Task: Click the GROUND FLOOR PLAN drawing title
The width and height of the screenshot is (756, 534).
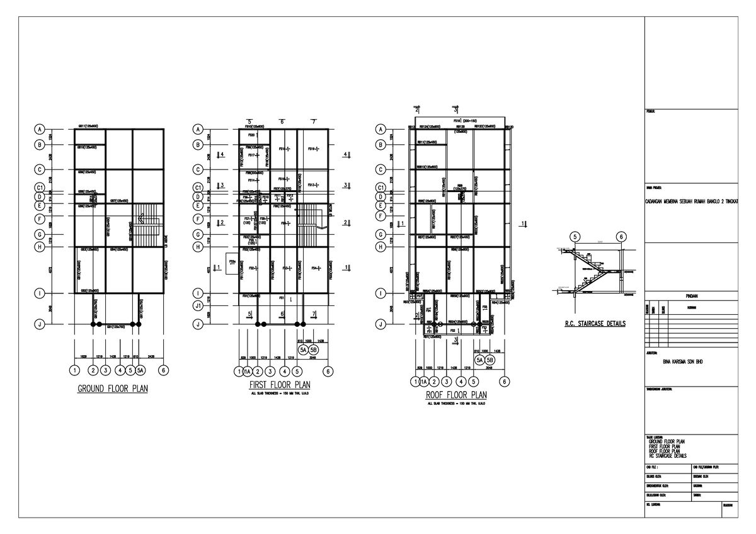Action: coord(113,389)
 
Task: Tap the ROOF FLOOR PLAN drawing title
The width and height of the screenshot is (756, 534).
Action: coord(456,395)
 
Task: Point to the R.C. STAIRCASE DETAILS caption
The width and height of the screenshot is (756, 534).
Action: coord(595,324)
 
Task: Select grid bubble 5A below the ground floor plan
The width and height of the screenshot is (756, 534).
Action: coord(140,370)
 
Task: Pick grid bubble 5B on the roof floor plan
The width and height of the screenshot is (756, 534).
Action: coord(491,360)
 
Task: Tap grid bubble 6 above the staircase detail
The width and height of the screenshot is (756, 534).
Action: coord(621,237)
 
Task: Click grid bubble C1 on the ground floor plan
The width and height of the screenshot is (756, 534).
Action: coord(40,188)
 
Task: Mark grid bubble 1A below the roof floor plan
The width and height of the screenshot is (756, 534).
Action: coord(424,382)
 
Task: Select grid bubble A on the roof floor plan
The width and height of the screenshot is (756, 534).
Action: coord(381,130)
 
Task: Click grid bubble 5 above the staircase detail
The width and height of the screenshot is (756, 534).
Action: coord(575,237)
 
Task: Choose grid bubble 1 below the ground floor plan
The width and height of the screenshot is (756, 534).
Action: coord(75,370)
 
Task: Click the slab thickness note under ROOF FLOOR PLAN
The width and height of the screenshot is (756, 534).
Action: coord(456,404)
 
